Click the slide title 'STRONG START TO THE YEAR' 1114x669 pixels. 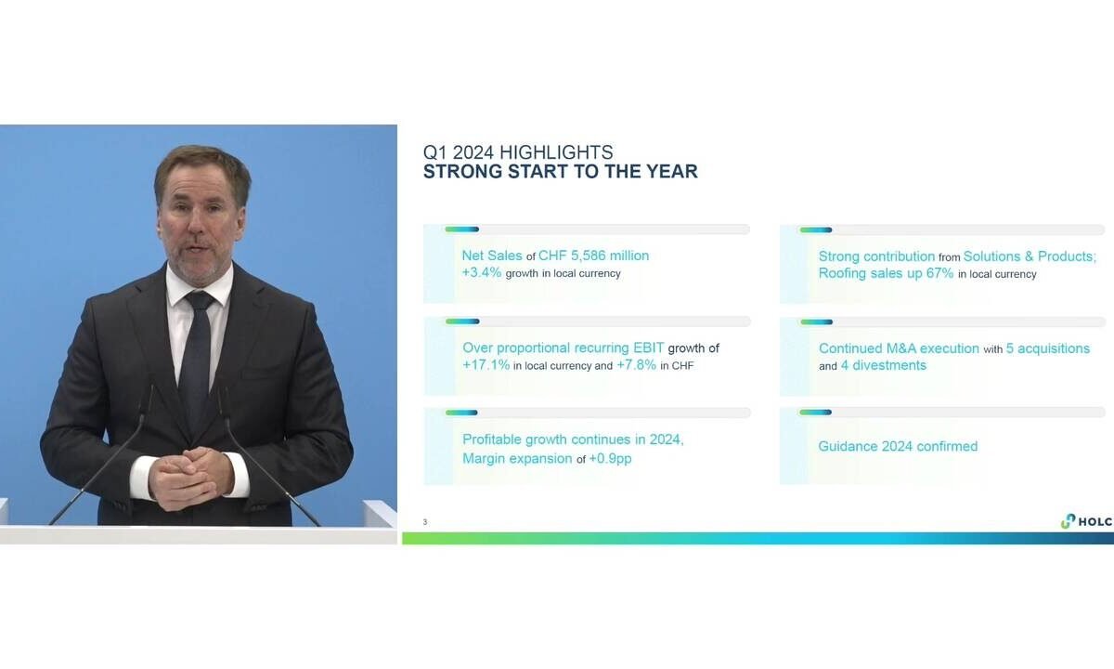560,172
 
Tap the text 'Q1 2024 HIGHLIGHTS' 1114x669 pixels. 518,151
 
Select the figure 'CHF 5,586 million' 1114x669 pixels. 593,256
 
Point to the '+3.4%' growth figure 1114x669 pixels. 482,273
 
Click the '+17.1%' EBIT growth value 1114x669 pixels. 486,365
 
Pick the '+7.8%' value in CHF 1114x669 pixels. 636,365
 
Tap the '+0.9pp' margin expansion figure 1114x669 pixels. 610,458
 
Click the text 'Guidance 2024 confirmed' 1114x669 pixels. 898,446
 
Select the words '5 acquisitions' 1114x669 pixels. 1048,348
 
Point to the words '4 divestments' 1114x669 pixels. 883,365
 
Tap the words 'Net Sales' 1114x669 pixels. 492,256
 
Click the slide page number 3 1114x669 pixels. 425,521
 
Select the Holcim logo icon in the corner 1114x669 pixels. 1068,521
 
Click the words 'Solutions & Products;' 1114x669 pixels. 1030,256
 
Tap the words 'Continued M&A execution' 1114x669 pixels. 899,348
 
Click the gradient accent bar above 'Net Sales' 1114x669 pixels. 462,230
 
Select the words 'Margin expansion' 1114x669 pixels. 517,458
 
